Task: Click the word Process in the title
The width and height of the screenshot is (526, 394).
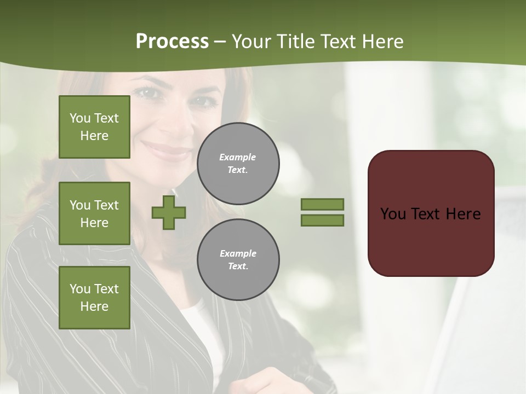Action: pyautogui.click(x=172, y=42)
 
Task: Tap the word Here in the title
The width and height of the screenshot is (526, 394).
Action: pyautogui.click(x=382, y=42)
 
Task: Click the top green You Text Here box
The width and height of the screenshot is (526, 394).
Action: pyautogui.click(x=94, y=127)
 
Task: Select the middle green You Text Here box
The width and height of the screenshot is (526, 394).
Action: pyautogui.click(x=94, y=213)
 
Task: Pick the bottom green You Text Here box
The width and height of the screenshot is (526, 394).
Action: pyautogui.click(x=94, y=298)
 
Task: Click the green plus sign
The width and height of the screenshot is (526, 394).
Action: pyautogui.click(x=169, y=212)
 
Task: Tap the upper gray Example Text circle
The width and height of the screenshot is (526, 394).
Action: pyautogui.click(x=238, y=164)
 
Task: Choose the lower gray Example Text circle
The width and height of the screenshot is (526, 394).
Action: pyautogui.click(x=238, y=260)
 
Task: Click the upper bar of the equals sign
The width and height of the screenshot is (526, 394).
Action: pyautogui.click(x=323, y=205)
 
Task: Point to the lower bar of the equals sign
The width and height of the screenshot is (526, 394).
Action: pyautogui.click(x=323, y=220)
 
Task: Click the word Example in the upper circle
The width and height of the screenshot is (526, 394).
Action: pyautogui.click(x=237, y=158)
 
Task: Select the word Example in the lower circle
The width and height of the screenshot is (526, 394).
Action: pyautogui.click(x=238, y=254)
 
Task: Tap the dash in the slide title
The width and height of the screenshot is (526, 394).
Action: pyautogui.click(x=220, y=42)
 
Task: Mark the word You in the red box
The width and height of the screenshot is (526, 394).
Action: pyautogui.click(x=392, y=214)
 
